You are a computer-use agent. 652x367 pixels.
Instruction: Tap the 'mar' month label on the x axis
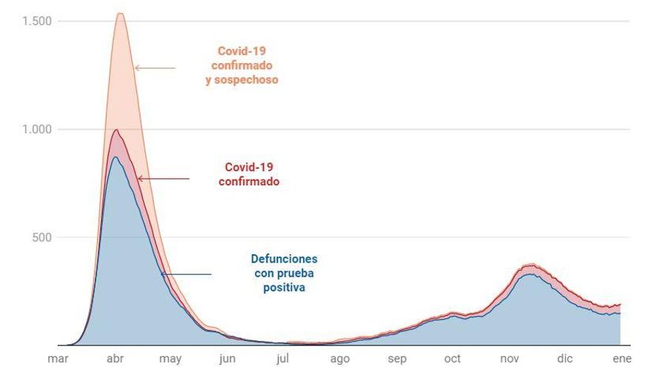[58, 359]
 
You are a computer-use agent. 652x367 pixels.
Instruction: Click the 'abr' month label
[115, 359]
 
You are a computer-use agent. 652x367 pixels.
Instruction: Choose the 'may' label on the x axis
[170, 359]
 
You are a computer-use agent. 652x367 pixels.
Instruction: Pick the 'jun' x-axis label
[227, 359]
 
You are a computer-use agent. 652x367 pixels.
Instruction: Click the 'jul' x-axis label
[282, 359]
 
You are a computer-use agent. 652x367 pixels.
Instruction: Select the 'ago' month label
[340, 359]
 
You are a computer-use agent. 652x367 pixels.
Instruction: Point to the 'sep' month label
[397, 359]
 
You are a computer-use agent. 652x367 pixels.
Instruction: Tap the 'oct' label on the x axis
[452, 359]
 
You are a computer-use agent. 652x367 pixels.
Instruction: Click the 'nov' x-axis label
[510, 359]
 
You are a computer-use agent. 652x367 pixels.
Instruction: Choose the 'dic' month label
[565, 359]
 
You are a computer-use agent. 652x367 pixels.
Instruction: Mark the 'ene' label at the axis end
[621, 359]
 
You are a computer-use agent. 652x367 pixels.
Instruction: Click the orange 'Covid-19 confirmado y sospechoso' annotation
[242, 65]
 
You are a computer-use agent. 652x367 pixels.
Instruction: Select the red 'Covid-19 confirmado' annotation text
[249, 173]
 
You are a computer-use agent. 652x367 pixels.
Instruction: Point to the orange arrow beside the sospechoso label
[155, 68]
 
